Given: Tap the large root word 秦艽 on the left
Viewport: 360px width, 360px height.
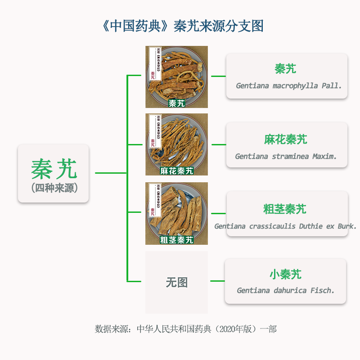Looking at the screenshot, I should point(54,169).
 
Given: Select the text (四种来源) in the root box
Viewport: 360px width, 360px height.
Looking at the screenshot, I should point(54,188).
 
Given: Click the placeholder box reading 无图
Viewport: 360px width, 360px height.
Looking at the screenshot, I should point(176,282).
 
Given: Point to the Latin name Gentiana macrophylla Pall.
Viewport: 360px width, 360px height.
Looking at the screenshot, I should point(288,85).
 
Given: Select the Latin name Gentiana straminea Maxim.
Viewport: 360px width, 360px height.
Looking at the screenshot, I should point(286,157).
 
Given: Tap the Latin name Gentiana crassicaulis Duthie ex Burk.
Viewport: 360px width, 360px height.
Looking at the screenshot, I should point(285,226).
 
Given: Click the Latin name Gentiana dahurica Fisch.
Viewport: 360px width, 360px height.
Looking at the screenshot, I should point(286,290).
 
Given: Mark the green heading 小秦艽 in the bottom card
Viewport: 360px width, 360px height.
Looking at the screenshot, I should point(285,274).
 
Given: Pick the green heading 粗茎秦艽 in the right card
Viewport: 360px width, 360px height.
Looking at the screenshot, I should point(285,209).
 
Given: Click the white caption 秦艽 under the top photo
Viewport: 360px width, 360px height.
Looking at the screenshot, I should point(176,103).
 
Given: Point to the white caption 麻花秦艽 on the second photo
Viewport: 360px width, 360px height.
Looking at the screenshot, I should point(176,171).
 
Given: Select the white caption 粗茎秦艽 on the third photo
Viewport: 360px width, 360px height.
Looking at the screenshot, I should point(176,240).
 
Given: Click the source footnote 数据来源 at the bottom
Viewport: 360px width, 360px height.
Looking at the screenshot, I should point(185,329).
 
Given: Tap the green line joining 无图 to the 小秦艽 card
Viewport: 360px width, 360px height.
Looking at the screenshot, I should point(217,281).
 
